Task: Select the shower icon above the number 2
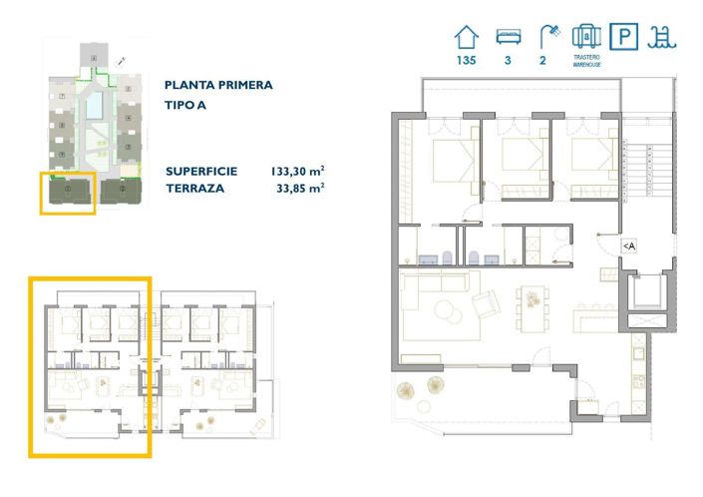tap(544, 37)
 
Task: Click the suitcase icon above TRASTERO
tap(585, 36)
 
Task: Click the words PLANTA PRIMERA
tap(218, 86)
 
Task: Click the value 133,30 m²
tap(298, 171)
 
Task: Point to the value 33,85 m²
tap(301, 187)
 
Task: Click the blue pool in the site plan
tap(93, 101)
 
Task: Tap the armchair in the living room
tap(486, 304)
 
